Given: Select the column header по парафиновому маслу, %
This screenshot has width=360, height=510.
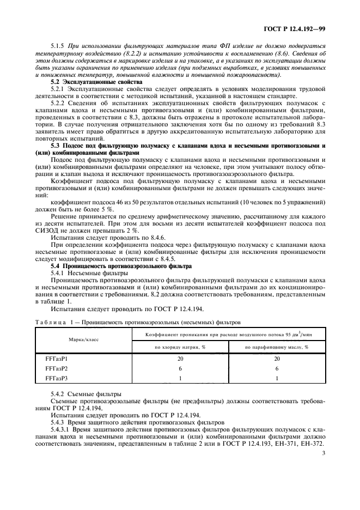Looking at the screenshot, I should click(x=277, y=347).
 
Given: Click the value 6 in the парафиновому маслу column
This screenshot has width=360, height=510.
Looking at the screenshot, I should click(x=277, y=368).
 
